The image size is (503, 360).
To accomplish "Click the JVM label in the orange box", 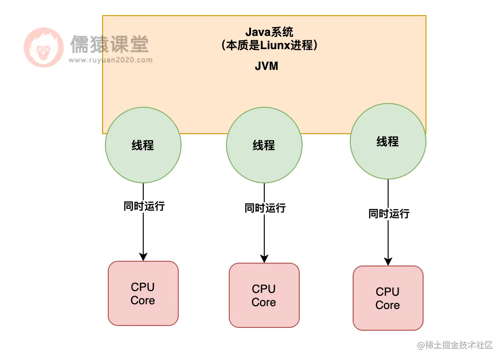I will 266,66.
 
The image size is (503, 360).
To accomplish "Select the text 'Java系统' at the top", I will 269,32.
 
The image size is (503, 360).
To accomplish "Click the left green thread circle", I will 143,145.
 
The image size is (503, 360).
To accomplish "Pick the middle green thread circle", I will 264,145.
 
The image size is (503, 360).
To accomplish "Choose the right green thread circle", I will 388,141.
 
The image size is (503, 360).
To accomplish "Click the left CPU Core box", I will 143,293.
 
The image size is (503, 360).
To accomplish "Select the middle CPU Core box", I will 264,295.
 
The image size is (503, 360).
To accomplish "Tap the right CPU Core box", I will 388,298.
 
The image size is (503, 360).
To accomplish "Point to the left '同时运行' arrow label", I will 144,206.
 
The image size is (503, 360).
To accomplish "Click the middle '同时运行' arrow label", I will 265,208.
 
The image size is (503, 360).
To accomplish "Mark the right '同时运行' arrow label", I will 389,214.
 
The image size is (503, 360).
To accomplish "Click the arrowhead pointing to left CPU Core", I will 143,257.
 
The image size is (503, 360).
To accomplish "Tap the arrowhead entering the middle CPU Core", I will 264,258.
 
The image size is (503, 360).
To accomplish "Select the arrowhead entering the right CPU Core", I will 388,261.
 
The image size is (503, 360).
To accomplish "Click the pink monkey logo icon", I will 43,47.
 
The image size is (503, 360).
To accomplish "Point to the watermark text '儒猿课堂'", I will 109,44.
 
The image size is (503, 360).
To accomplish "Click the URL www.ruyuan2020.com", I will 110,60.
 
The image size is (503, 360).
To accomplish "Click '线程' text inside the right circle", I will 388,141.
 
